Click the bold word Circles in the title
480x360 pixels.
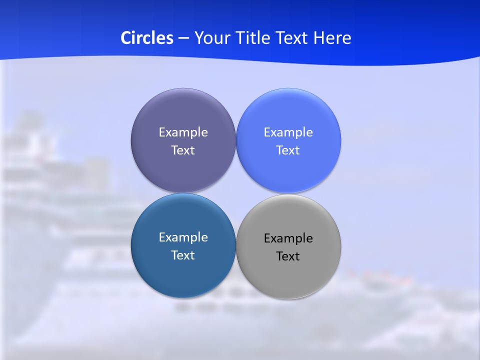(146, 38)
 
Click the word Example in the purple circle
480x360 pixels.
(183, 132)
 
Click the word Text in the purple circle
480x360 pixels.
(183, 150)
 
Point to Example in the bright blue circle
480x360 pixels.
(288, 132)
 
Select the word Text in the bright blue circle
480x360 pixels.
(288, 150)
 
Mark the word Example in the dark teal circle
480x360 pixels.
(183, 237)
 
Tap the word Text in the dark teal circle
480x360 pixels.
(183, 255)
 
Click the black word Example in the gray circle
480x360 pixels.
(288, 238)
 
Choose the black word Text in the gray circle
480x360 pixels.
(288, 256)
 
